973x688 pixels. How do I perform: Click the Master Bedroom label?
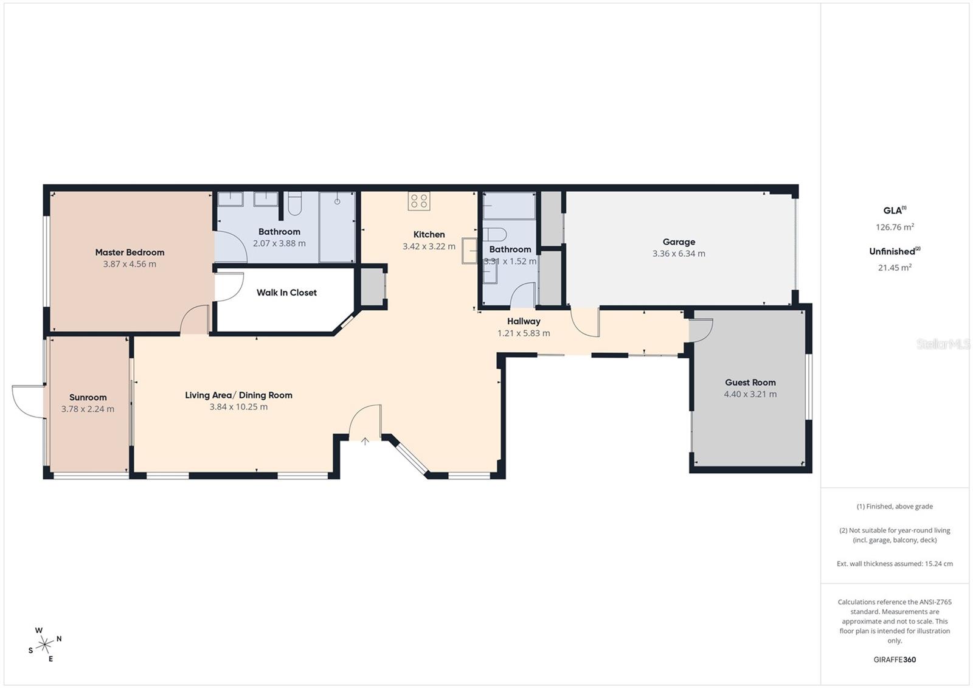(130, 252)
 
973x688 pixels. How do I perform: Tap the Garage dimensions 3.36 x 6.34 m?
(679, 254)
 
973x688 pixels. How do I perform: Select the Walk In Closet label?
(286, 293)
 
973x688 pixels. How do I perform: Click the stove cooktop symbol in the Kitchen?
(419, 201)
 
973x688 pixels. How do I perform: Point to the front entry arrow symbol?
(365, 441)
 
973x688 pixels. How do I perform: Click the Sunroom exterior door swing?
(27, 400)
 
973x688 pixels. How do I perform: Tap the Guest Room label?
(750, 383)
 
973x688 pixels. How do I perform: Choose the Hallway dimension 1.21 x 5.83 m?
(524, 333)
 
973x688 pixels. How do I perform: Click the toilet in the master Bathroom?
(295, 204)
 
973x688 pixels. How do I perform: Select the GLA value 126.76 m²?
(895, 228)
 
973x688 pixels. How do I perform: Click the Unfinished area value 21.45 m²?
(895, 268)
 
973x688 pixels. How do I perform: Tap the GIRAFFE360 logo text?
(895, 659)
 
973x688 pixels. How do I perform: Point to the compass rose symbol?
(44, 645)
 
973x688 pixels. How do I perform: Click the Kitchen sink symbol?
(469, 250)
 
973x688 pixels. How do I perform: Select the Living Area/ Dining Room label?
(238, 395)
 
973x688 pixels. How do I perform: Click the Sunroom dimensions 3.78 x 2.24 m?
(88, 409)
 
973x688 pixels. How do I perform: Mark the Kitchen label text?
(429, 235)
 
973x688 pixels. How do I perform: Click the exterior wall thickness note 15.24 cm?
(895, 564)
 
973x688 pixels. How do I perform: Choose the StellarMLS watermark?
(943, 344)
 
